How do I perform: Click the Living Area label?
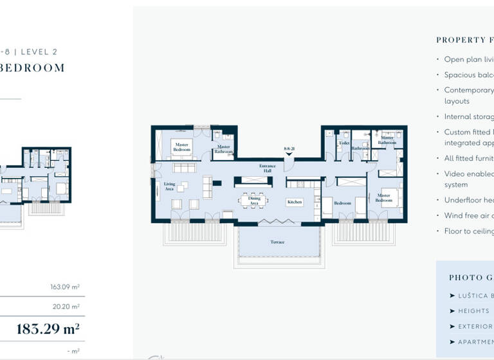click(170, 186)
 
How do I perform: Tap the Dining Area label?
click(254, 201)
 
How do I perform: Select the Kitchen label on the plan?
click(295, 202)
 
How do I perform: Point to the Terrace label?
click(277, 242)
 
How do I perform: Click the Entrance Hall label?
click(267, 168)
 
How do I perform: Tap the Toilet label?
click(344, 143)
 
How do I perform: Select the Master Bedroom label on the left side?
click(182, 147)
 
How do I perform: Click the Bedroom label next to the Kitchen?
click(342, 203)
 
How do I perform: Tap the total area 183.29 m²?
click(48, 330)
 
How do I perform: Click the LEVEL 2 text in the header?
click(39, 52)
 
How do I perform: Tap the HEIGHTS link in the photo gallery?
click(473, 310)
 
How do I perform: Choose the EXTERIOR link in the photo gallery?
click(475, 327)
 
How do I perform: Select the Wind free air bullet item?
click(469, 216)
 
